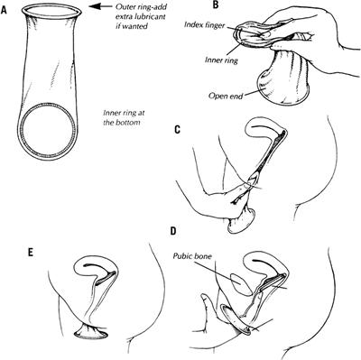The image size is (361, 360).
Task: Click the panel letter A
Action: (4, 10)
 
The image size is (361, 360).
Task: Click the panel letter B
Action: (215, 5)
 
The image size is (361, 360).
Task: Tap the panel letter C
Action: (177, 129)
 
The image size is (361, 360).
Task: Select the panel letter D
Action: (173, 231)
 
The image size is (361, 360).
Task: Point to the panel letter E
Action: (30, 253)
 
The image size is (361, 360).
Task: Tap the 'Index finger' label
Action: (204, 24)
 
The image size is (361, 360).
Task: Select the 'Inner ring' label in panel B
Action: (221, 60)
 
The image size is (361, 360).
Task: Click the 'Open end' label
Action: (226, 97)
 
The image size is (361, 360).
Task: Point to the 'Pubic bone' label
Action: (192, 256)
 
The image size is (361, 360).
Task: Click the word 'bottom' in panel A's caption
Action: (128, 123)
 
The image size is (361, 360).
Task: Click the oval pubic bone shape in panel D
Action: (241, 284)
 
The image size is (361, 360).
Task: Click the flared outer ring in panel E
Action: (91, 334)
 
